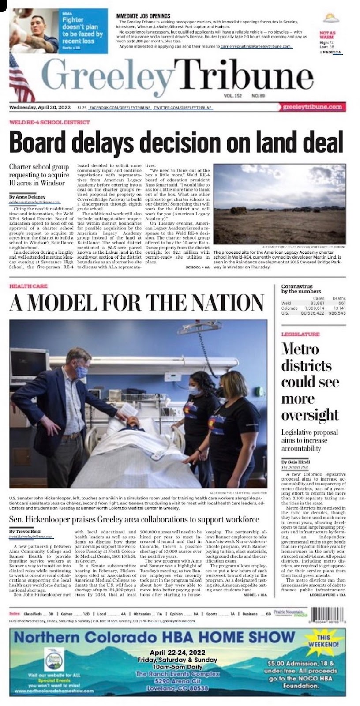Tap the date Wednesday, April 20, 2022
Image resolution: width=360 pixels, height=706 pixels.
pyautogui.click(x=40, y=107)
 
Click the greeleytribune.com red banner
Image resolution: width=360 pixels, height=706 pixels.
pyautogui.click(x=312, y=107)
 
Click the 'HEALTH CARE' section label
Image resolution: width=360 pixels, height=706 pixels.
pyautogui.click(x=28, y=286)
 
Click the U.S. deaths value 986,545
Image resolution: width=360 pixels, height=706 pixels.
pyautogui.click(x=336, y=313)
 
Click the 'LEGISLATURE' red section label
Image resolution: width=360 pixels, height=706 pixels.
pyautogui.click(x=300, y=334)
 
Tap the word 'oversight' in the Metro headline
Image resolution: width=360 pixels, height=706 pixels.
pyautogui.click(x=310, y=415)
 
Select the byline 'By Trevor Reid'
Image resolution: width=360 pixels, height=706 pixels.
pyautogui.click(x=25, y=532)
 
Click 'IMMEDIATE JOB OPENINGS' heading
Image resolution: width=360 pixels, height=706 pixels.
pyautogui.click(x=142, y=16)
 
